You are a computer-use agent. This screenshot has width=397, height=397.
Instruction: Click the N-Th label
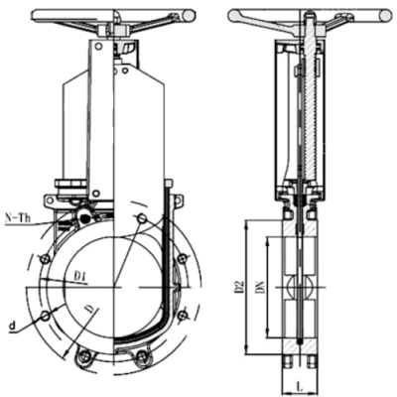coord(18,218)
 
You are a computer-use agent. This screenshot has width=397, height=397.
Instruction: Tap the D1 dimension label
coord(80,276)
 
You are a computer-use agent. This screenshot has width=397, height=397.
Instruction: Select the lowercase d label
coord(12,326)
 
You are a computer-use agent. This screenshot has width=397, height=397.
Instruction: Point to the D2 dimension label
coord(240,287)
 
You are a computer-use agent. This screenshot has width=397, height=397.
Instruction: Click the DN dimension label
coord(261,287)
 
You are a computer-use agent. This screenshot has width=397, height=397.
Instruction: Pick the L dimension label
coord(299,385)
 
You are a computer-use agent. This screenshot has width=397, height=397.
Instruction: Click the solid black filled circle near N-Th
coord(85,218)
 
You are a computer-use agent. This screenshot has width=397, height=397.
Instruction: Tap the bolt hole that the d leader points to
coord(46,316)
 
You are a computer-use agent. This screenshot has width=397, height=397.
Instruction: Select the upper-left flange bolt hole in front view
coord(45,258)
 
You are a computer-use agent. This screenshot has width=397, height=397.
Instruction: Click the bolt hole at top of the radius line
coord(142,218)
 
